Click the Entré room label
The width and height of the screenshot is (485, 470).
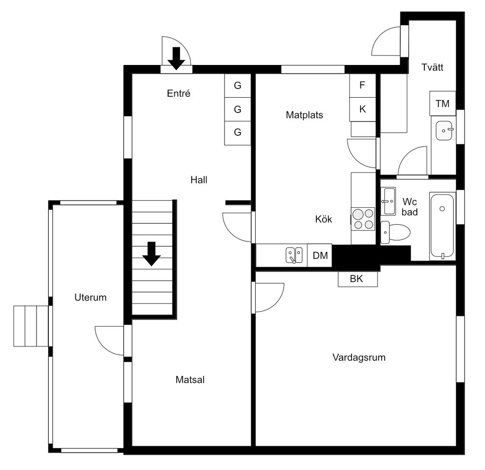179,93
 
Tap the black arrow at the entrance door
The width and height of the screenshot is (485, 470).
176,58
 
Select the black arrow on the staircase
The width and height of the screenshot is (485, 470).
152,254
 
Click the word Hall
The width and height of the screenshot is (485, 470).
199,180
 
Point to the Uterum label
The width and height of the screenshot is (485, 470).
90,297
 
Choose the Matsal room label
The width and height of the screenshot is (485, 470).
190,379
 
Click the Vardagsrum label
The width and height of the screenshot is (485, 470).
359,358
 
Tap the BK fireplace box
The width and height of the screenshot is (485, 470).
358,279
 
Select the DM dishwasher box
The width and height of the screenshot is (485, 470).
320,255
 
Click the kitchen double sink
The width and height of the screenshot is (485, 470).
294,255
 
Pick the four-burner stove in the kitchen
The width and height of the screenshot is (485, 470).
363,219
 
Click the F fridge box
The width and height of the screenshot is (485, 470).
362,85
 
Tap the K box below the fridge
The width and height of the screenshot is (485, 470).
362,109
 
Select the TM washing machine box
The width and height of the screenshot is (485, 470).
443,103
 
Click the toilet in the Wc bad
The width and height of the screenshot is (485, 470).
395,232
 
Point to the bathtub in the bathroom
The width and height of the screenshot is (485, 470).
442,226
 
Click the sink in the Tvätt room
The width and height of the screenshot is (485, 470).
444,131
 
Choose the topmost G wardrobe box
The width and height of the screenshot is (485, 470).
238,85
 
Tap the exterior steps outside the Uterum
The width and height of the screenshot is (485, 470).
31,326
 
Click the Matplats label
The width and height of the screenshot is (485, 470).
305,115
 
